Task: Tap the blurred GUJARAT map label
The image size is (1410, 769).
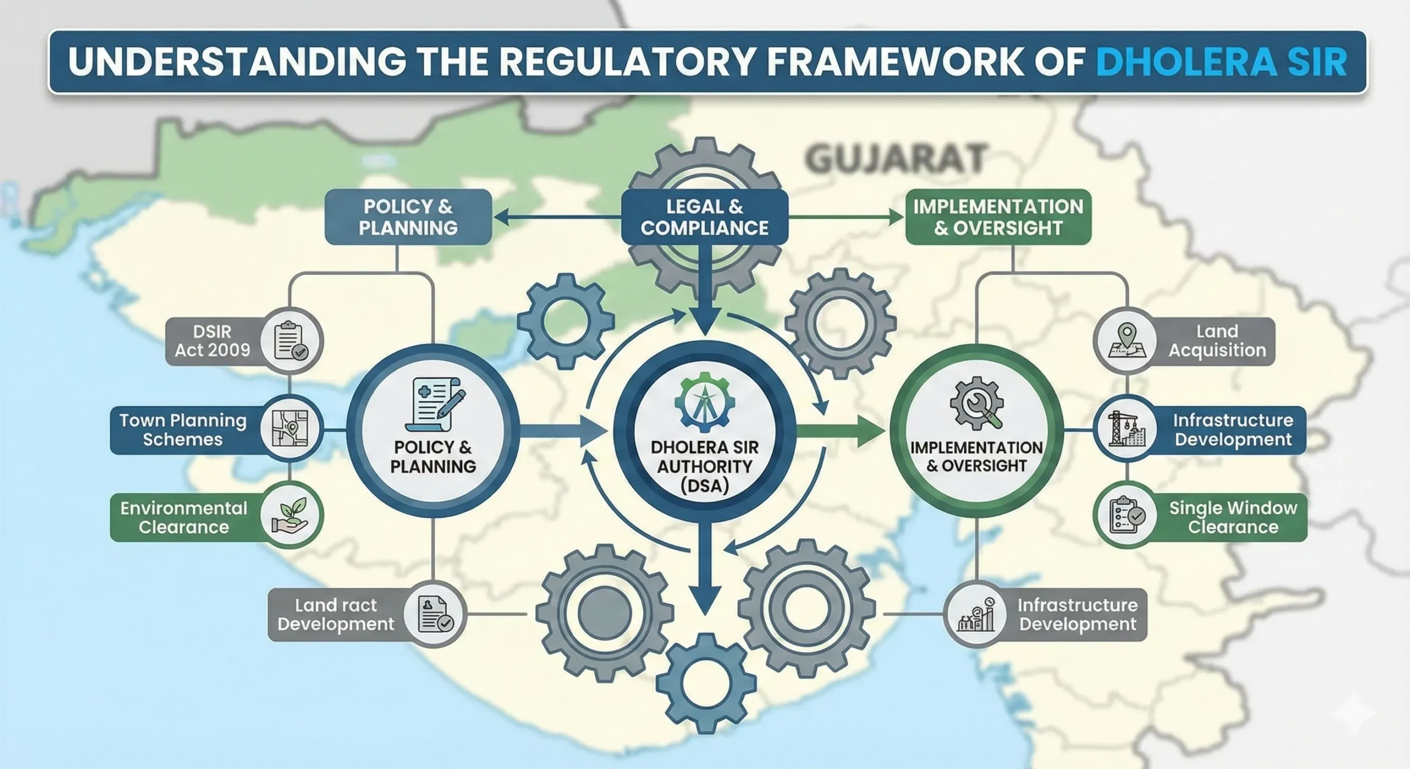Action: point(894,158)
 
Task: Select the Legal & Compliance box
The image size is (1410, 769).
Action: point(704,217)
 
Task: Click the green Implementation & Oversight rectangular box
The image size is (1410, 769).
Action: point(998,217)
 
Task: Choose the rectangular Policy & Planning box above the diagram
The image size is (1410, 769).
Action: point(408,217)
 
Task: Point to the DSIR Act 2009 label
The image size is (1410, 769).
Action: point(213,341)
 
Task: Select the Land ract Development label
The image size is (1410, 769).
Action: point(336,615)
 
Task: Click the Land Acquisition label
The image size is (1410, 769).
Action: point(1217,341)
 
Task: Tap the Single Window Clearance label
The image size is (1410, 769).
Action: point(1233,517)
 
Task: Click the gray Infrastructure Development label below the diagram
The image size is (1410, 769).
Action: point(1077,615)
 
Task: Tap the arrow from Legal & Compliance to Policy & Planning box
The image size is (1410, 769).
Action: point(556,218)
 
